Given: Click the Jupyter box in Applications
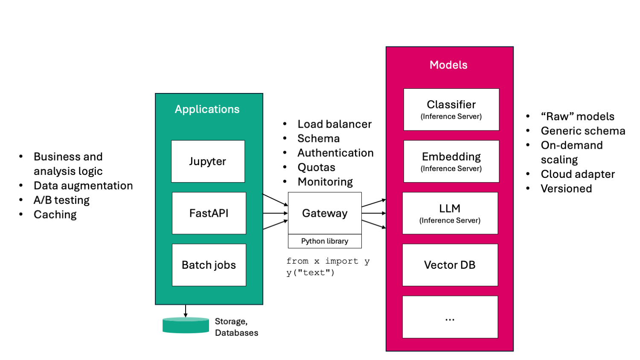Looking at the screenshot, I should click(208, 161).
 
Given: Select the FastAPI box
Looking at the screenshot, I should click(209, 213).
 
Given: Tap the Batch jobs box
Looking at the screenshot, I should click(209, 265).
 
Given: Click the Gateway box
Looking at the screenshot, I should click(325, 213).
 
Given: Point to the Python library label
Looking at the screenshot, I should click(325, 241).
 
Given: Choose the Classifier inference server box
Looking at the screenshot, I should click(451, 110).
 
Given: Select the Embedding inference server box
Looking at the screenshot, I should click(451, 161).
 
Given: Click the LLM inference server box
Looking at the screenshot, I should click(450, 213).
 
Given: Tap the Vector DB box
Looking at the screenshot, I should click(450, 265).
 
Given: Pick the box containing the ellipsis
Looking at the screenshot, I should click(450, 317).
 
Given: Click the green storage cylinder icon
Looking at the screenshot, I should click(186, 325).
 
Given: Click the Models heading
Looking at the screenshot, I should click(448, 65).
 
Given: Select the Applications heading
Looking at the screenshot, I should click(207, 109).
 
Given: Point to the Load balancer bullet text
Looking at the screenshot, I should click(335, 124).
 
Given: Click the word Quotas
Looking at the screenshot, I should click(316, 167).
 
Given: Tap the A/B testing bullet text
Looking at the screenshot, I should click(61, 200).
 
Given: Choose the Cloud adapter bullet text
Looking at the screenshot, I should click(578, 174).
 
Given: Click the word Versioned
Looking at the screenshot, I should click(566, 189).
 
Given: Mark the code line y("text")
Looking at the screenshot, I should click(311, 273).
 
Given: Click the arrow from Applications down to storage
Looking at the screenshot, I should click(186, 311).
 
